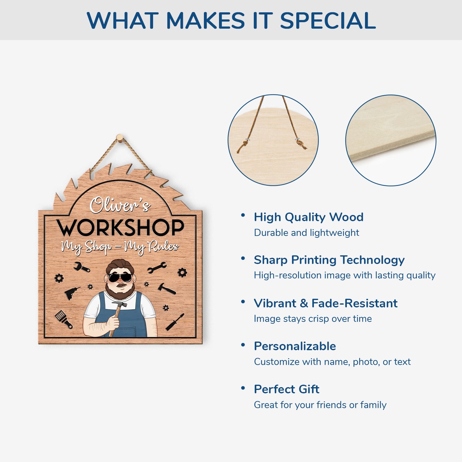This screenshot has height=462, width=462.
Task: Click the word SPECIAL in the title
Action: [x=328, y=20]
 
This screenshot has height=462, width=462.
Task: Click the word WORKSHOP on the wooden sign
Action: [x=120, y=228]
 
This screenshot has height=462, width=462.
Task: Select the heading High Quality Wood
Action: [x=309, y=217]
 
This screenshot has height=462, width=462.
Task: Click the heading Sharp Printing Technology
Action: [x=329, y=260]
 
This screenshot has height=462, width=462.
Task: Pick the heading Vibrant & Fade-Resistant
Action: [x=326, y=303]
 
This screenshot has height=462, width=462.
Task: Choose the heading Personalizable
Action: [x=295, y=346]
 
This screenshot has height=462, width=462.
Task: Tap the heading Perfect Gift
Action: [x=286, y=389]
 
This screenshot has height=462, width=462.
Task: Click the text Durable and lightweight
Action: [x=306, y=233]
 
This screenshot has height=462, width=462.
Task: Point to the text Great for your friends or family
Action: [x=320, y=405]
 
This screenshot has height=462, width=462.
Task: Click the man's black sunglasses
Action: [x=120, y=278]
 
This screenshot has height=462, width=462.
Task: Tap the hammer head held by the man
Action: [x=119, y=304]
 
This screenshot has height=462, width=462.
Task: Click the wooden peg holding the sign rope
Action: [x=120, y=137]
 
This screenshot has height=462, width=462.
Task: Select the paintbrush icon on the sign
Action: [x=64, y=319]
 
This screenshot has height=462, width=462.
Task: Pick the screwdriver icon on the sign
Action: [x=175, y=322]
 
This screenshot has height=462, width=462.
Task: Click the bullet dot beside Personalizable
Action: [x=243, y=345]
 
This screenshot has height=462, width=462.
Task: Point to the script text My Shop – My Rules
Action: [x=120, y=247]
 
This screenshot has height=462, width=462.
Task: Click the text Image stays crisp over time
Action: [x=313, y=319]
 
